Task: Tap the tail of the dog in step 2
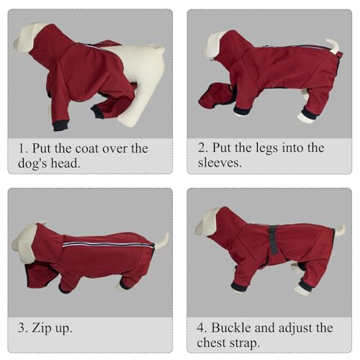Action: click(x=334, y=45)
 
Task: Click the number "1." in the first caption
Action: click(x=23, y=148)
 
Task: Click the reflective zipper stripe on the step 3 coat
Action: click(x=108, y=244)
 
